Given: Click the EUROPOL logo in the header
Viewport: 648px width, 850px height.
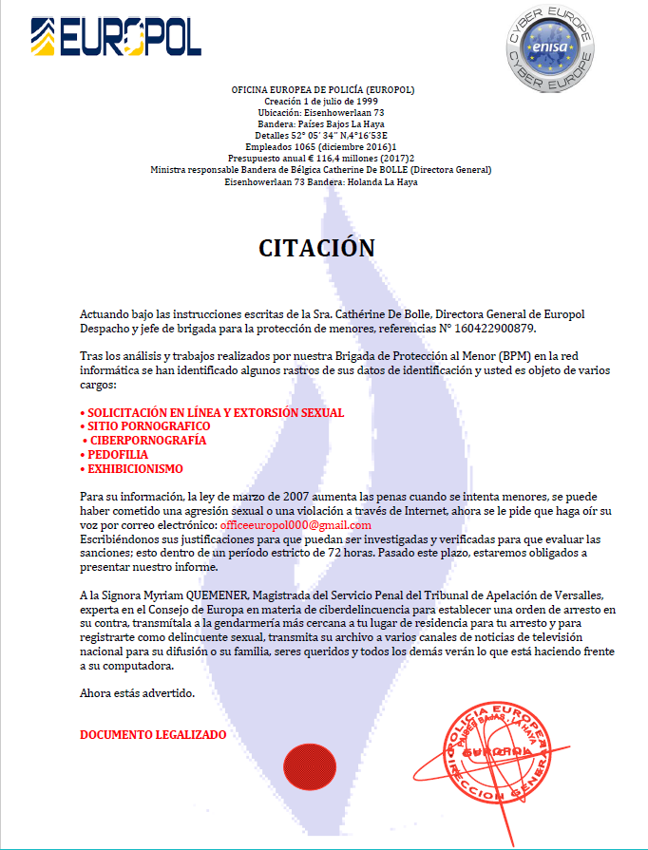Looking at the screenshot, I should tap(115, 38).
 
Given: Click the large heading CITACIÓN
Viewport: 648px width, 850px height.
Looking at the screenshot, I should tap(317, 248).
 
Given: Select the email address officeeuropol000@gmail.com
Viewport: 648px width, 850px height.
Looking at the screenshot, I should tap(295, 525).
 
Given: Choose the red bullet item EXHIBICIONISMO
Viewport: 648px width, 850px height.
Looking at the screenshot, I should tap(132, 469).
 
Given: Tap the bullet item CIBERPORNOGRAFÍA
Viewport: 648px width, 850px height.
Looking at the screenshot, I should tap(145, 441).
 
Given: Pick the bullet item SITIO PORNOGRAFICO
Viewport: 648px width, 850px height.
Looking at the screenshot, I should tap(144, 427).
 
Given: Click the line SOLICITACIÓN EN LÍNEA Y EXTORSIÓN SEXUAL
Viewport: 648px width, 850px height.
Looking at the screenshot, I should tap(212, 413).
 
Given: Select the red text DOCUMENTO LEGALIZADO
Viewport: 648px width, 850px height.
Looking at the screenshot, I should tap(153, 735).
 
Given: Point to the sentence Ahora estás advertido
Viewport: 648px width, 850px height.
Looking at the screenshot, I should tap(138, 692).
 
